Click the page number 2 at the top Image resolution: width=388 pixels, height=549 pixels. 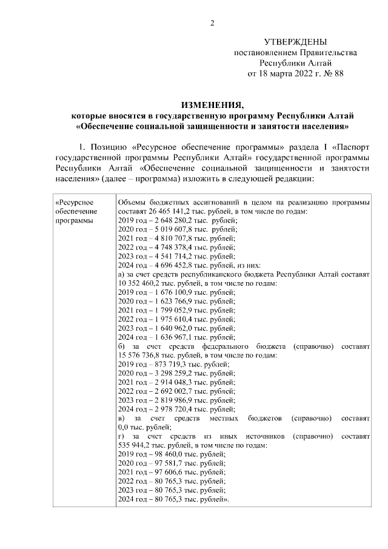[x=212, y=23]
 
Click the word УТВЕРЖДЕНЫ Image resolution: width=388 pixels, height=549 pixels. [x=295, y=42]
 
